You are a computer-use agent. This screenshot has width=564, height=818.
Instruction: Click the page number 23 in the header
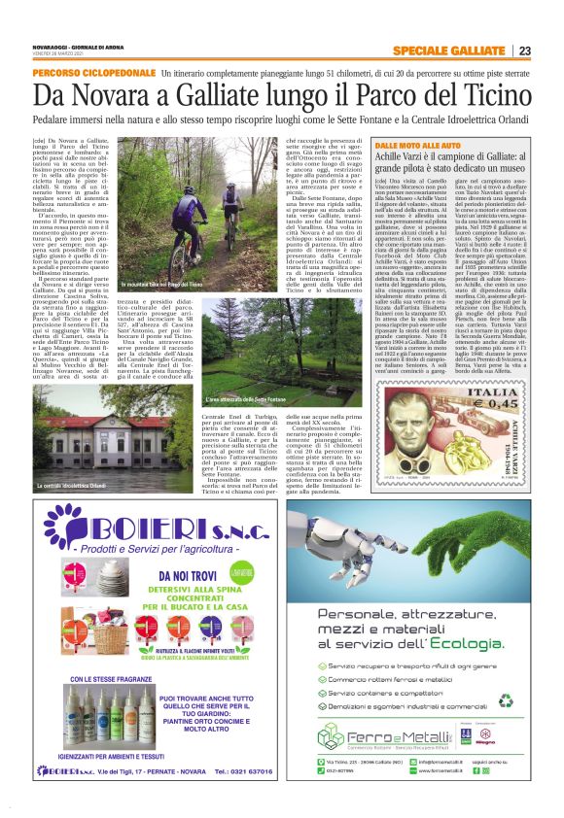[x=551, y=51]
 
